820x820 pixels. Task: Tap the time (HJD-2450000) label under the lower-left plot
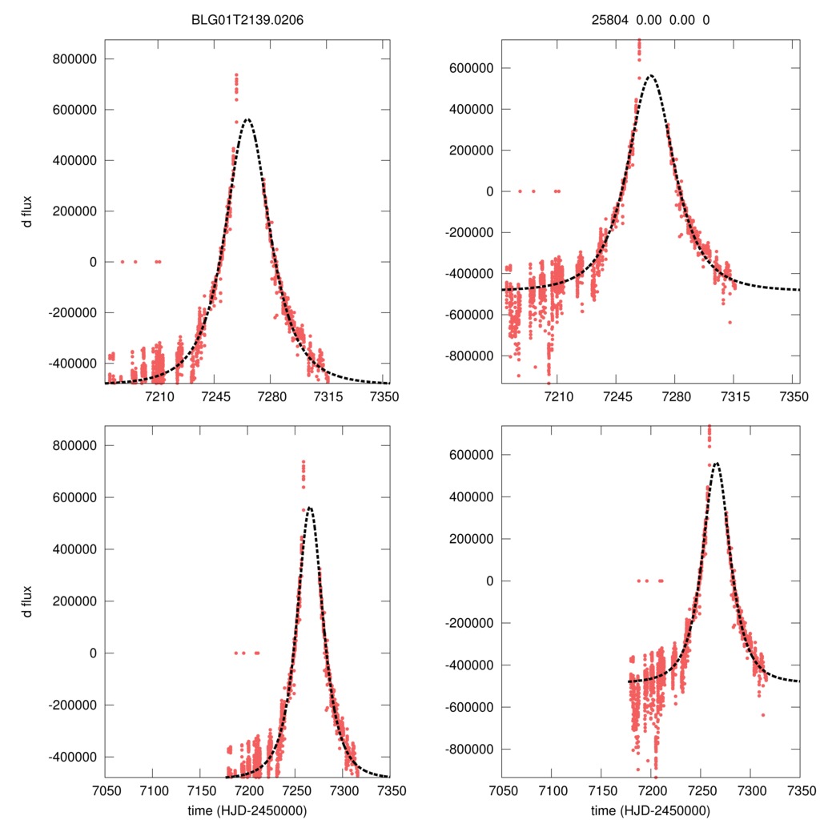[247, 810]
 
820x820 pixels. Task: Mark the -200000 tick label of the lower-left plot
[74, 705]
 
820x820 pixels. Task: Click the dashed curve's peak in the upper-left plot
[247, 119]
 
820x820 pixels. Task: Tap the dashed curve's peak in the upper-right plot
[650, 75]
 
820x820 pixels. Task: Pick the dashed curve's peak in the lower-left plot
[309, 507]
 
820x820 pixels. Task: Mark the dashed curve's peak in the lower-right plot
[716, 463]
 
